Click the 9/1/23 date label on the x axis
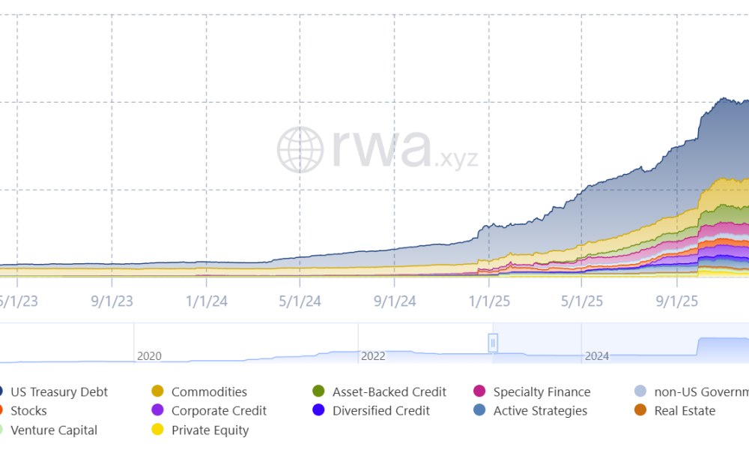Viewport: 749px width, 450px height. click(112, 301)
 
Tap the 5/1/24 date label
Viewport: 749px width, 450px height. click(300, 301)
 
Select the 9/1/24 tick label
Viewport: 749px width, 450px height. click(395, 301)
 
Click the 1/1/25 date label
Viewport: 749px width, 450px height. click(489, 301)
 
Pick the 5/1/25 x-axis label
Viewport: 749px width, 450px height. click(582, 301)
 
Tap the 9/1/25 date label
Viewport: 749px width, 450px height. click(676, 301)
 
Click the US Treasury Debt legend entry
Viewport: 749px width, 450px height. click(58, 391)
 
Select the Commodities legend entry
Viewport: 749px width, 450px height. click(209, 391)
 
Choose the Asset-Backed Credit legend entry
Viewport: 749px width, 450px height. click(389, 391)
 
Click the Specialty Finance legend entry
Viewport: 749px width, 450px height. click(542, 391)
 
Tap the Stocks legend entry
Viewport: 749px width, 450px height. click(28, 411)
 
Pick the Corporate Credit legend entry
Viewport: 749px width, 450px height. click(219, 411)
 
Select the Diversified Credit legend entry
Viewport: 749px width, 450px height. click(381, 411)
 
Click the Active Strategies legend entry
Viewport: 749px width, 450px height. click(540, 411)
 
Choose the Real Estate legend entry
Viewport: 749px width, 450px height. click(685, 411)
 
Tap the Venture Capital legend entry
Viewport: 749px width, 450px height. click(54, 430)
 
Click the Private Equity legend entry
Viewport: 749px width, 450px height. click(210, 430)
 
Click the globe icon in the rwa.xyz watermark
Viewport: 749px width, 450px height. click(300, 148)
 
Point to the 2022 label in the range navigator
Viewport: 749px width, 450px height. click(373, 355)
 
